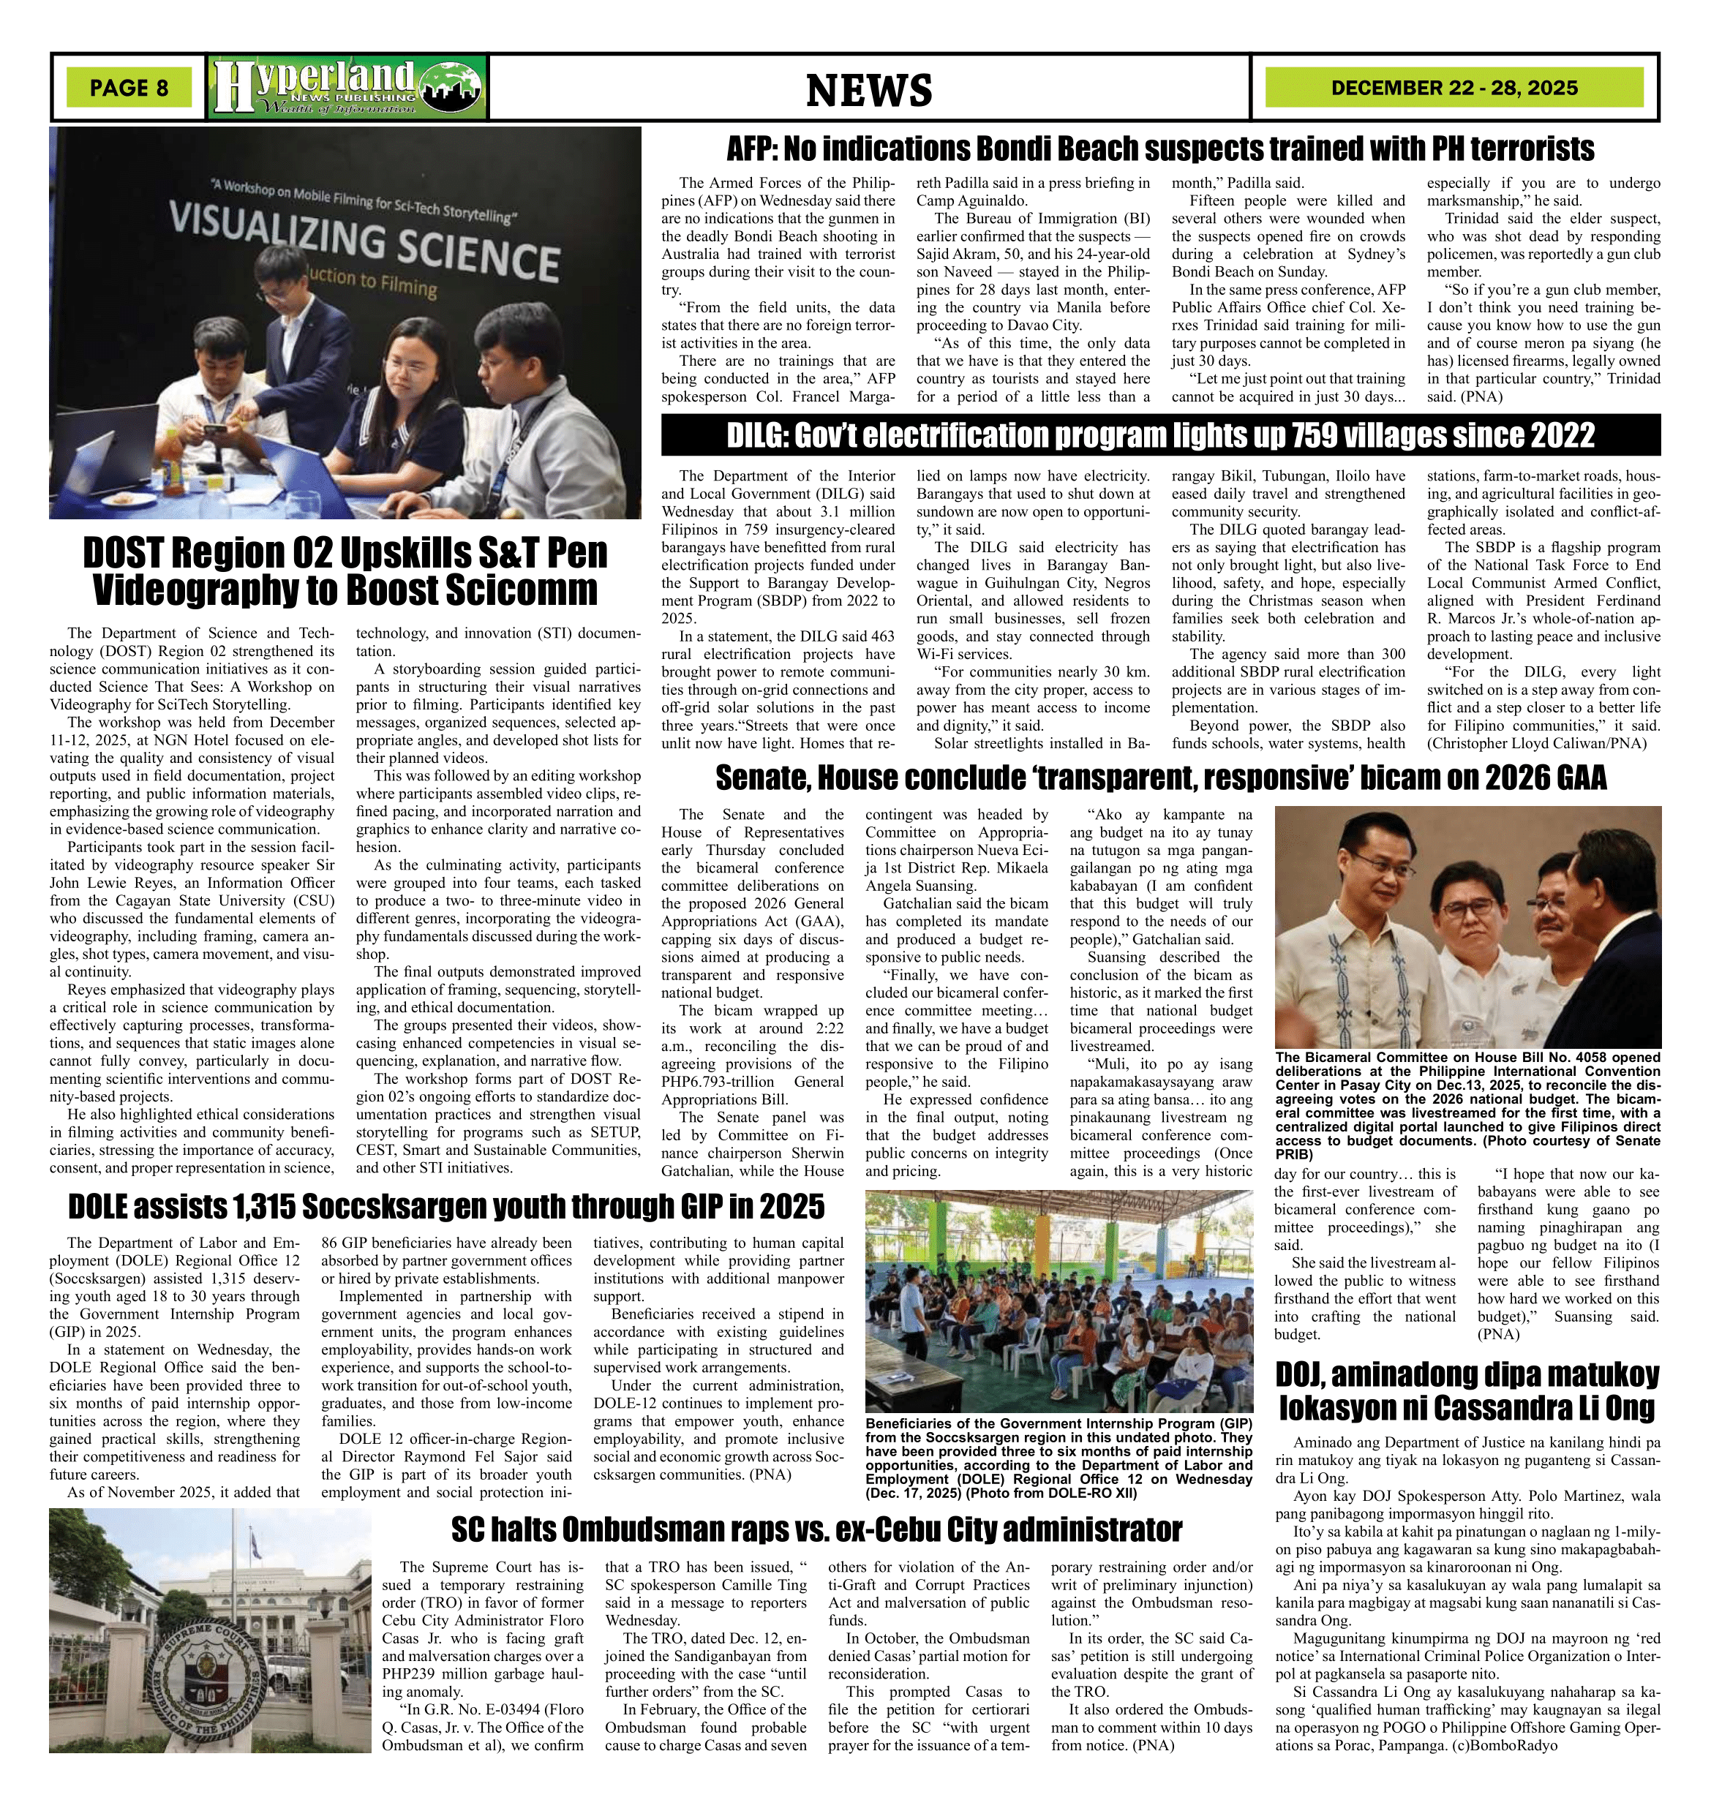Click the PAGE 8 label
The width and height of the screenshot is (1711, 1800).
tap(129, 88)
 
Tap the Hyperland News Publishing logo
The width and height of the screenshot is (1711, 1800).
tap(347, 88)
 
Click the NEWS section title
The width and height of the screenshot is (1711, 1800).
tap(868, 89)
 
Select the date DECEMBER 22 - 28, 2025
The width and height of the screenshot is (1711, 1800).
tap(1454, 88)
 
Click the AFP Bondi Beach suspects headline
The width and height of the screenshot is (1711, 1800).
tap(1160, 148)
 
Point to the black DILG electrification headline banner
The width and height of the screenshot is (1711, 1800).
tap(1160, 435)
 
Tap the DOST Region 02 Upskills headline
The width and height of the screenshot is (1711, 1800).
tap(345, 572)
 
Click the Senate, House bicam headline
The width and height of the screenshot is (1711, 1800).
tap(1160, 777)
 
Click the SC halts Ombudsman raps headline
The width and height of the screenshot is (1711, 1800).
tap(816, 1529)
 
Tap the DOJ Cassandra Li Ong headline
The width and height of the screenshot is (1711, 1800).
tap(1467, 1390)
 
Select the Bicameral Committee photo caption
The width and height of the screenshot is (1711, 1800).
tap(1467, 1108)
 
